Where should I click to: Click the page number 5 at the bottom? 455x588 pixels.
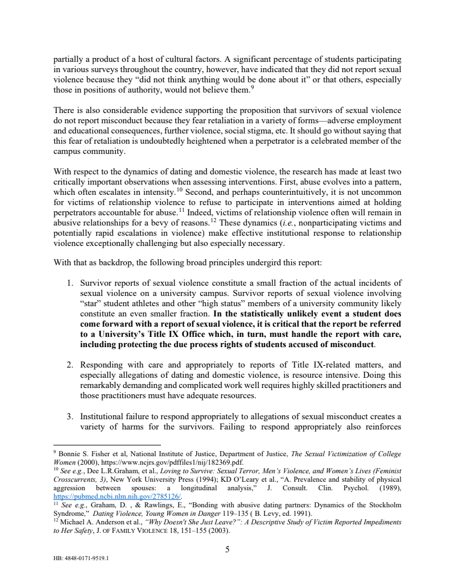227,548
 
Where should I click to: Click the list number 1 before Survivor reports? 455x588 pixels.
71,282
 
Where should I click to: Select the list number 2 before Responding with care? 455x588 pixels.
71,365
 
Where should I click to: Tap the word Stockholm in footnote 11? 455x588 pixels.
383,504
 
